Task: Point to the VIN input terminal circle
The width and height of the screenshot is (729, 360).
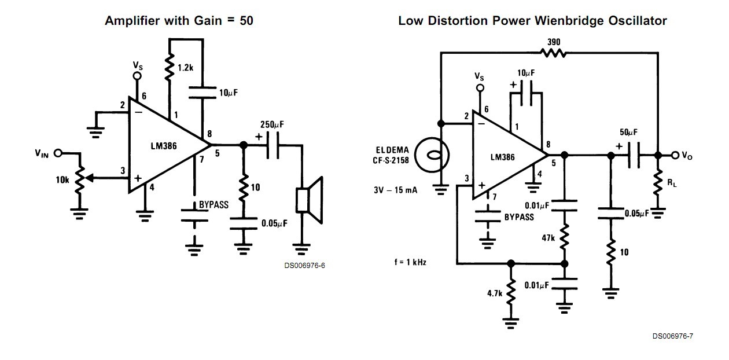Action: coord(58,153)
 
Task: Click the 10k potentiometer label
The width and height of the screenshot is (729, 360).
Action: coord(63,180)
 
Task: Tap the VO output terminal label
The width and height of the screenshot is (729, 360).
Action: coord(688,155)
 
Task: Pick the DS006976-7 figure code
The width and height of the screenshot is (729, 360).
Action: coord(672,336)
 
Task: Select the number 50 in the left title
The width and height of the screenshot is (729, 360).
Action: coord(245,21)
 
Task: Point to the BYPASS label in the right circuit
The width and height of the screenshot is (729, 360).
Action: coord(519,217)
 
